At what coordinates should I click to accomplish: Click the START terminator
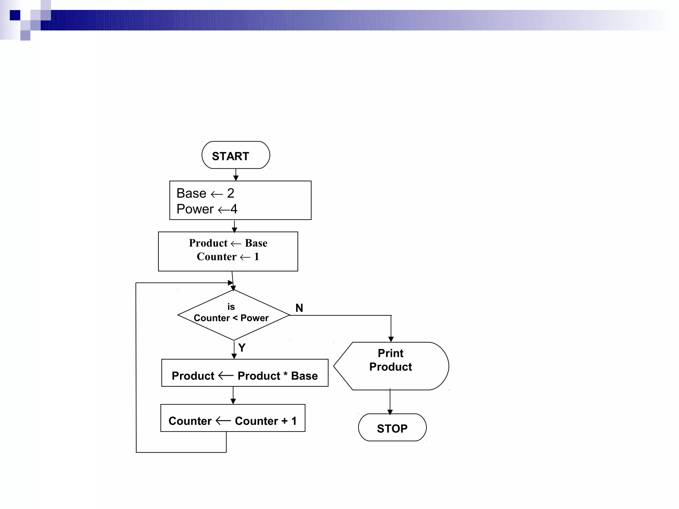click(x=236, y=155)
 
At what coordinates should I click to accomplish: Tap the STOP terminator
click(x=392, y=428)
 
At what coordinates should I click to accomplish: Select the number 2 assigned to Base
click(x=231, y=193)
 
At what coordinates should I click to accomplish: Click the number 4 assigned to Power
click(x=234, y=209)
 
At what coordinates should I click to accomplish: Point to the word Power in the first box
click(x=195, y=209)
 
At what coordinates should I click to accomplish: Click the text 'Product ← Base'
click(x=228, y=243)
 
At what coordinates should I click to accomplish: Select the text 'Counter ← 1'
click(x=228, y=257)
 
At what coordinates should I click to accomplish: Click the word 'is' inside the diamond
click(x=231, y=307)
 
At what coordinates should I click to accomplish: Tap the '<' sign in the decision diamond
click(x=235, y=318)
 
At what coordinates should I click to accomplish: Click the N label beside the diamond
click(x=299, y=308)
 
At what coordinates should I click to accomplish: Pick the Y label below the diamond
click(x=242, y=348)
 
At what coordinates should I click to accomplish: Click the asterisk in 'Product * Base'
click(x=285, y=375)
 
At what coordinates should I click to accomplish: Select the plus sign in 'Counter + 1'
click(x=284, y=421)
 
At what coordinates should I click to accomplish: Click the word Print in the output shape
click(x=391, y=353)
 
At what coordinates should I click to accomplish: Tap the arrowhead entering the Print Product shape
click(x=391, y=339)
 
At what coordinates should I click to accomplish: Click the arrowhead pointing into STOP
click(x=390, y=412)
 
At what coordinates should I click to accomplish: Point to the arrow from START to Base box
click(x=236, y=175)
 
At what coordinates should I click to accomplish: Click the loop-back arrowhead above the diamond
click(x=230, y=283)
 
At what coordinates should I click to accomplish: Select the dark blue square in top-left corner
click(x=15, y=15)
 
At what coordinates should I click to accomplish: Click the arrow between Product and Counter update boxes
click(x=233, y=395)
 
